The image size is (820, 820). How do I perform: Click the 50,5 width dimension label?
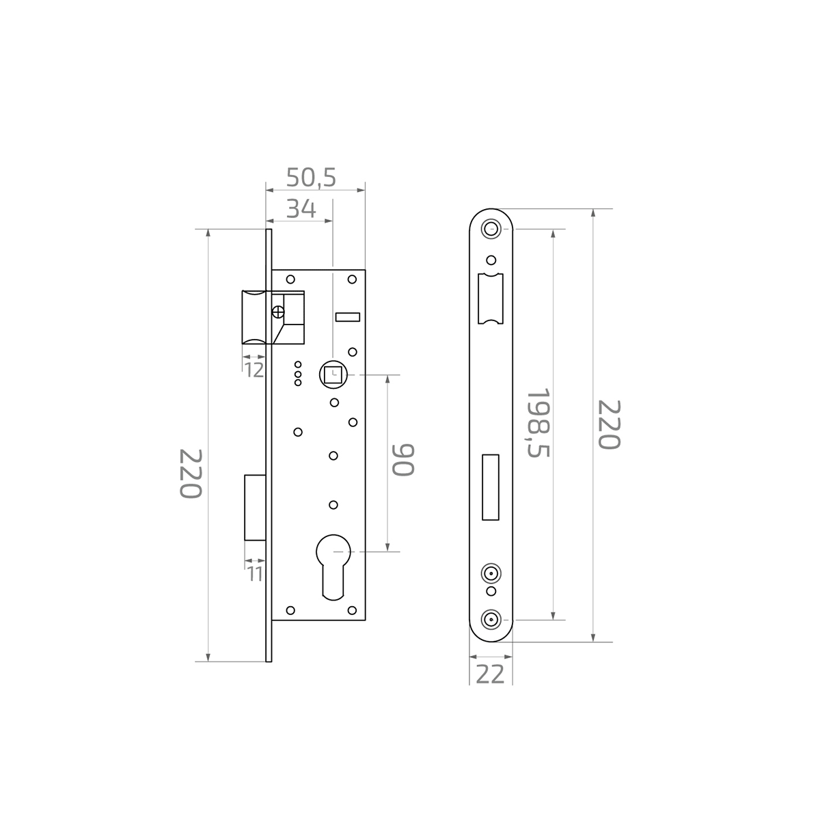[x=311, y=177]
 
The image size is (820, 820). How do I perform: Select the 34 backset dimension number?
[x=301, y=209]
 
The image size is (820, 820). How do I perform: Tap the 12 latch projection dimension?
[x=254, y=370]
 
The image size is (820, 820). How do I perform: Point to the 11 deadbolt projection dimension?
[x=255, y=574]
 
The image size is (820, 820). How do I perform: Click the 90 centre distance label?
[x=403, y=460]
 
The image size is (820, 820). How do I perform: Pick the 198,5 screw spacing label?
[x=538, y=422]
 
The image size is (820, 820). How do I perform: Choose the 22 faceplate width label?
[x=490, y=674]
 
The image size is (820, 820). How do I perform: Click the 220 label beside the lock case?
[x=190, y=474]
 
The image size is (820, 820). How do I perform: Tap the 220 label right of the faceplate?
[x=609, y=424]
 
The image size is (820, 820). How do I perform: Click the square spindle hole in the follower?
[x=333, y=375]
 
